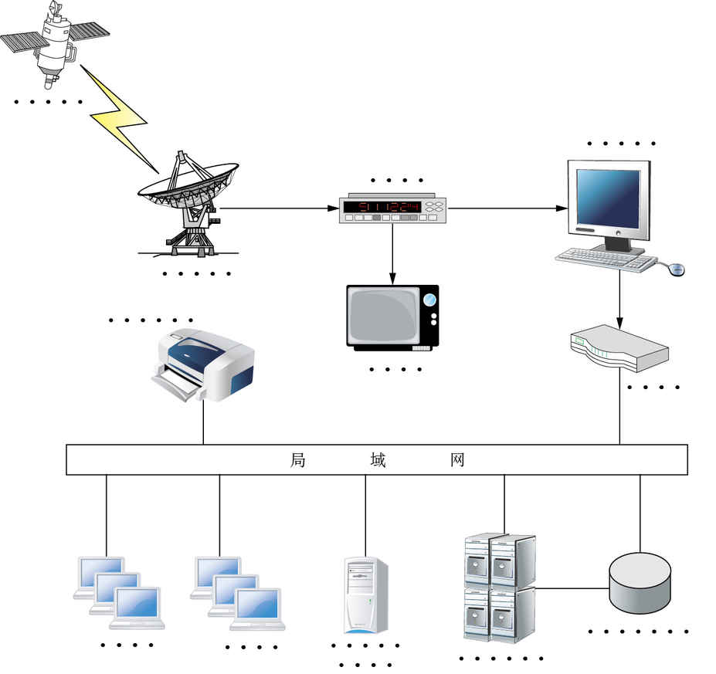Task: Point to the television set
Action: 392,317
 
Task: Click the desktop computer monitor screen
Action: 609,198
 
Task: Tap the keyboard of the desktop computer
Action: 606,259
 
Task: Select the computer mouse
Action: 677,269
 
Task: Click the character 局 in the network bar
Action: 298,461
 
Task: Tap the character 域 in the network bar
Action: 378,461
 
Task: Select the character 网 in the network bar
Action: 457,461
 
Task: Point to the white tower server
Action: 365,595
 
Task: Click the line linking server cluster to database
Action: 572,588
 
